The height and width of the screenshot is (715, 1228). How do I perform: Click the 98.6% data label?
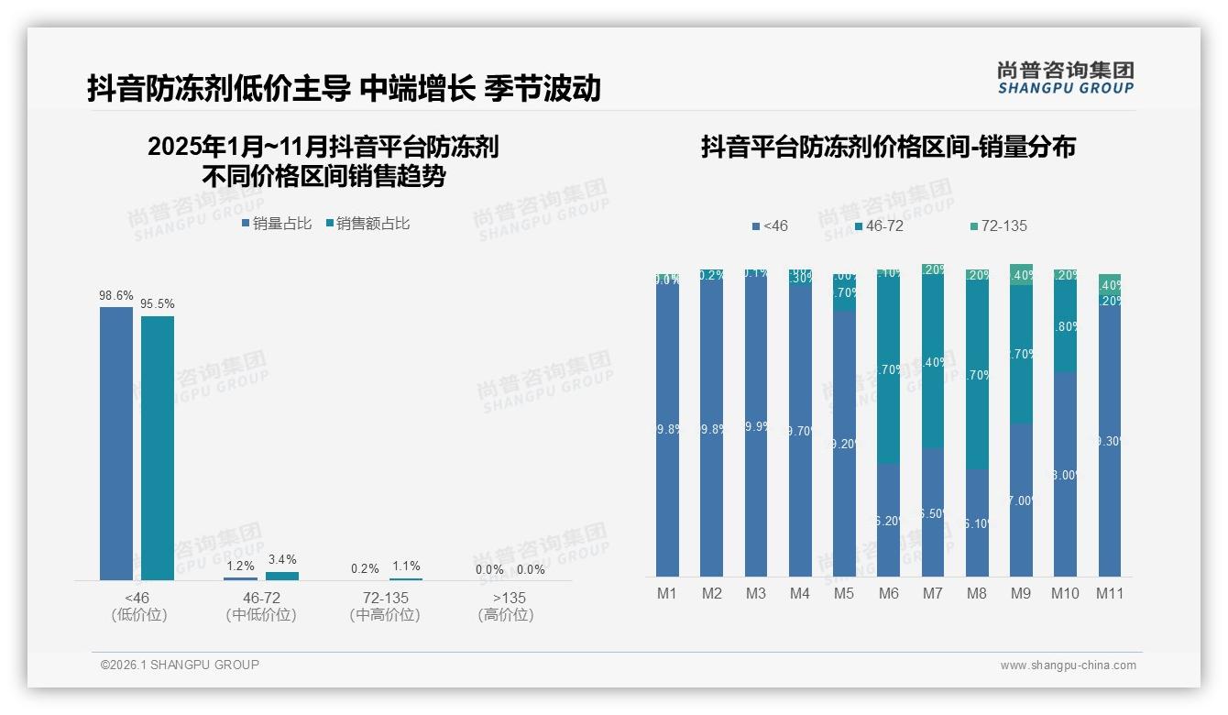(116, 296)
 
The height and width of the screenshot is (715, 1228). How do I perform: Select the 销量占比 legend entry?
(277, 223)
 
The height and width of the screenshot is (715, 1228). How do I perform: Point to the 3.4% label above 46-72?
(282, 559)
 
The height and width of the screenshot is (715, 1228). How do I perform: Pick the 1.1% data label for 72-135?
(406, 566)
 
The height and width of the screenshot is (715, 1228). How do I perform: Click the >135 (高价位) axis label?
(506, 606)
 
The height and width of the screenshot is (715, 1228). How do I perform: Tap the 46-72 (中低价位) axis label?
(261, 606)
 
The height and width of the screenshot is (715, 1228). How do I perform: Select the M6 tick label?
(888, 593)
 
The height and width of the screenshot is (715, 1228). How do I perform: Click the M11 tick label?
(1110, 593)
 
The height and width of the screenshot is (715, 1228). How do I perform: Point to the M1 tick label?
(667, 593)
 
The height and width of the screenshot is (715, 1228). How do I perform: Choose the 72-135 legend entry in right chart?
(998, 225)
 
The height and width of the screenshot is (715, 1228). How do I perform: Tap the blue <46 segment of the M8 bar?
(977, 522)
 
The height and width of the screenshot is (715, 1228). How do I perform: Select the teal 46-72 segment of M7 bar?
(933, 362)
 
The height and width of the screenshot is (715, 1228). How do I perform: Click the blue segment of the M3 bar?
(756, 426)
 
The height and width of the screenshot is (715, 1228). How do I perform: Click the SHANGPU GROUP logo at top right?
(1065, 78)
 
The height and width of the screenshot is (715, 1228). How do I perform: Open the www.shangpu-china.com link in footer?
(1068, 665)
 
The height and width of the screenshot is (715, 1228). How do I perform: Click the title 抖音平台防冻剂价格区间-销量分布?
(888, 147)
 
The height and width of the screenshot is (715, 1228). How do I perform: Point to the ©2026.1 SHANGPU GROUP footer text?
(180, 665)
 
